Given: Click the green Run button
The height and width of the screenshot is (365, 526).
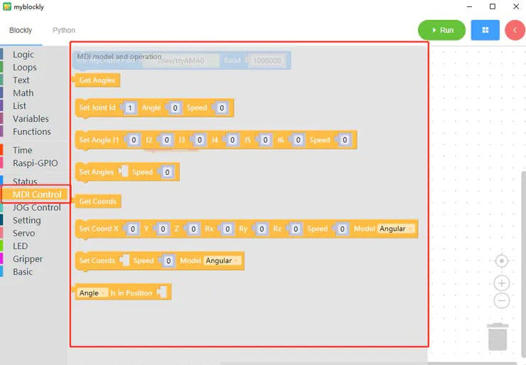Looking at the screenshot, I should [x=441, y=31].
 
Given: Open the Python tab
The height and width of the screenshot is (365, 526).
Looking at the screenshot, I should [x=64, y=31].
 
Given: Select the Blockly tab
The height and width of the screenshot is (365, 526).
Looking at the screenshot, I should [x=21, y=31].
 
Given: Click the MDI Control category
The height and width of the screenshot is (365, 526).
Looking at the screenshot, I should [x=37, y=194].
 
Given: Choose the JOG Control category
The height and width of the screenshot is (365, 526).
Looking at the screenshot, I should [x=37, y=208].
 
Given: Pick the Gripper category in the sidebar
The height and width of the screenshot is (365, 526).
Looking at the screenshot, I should [x=28, y=259].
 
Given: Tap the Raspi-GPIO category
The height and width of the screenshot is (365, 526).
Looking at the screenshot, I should [x=36, y=163].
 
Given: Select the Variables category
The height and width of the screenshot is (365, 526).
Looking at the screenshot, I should [x=31, y=119].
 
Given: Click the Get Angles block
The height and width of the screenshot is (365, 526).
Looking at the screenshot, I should [x=97, y=80].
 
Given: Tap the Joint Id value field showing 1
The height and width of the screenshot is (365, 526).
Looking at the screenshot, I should [x=130, y=108].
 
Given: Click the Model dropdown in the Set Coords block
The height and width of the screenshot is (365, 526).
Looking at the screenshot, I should [x=222, y=260].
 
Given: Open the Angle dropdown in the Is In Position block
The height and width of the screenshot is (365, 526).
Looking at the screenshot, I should [x=92, y=293].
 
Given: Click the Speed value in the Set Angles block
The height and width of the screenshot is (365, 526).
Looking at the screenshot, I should [x=167, y=172].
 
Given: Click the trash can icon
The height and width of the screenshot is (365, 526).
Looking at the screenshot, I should [x=498, y=337].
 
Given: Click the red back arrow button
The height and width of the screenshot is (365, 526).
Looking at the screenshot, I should [x=515, y=31].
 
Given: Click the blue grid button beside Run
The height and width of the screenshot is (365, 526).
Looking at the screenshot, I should [x=485, y=31].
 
